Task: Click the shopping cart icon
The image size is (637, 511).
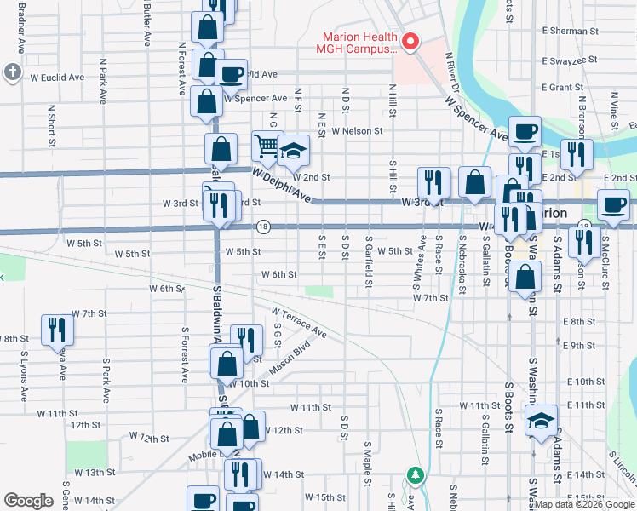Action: [266, 146]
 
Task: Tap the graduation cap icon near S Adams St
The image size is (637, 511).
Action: [541, 420]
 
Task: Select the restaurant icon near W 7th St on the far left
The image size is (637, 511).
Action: [58, 328]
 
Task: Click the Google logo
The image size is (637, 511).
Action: [28, 501]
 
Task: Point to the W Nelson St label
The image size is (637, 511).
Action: [358, 131]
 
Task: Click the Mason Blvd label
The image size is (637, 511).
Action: [288, 356]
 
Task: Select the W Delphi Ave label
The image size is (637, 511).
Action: [281, 184]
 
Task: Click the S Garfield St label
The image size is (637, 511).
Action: [369, 256]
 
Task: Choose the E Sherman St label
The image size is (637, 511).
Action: [571, 31]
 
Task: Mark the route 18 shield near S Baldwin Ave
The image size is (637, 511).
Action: [263, 227]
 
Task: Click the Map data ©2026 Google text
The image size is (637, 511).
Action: [585, 504]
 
